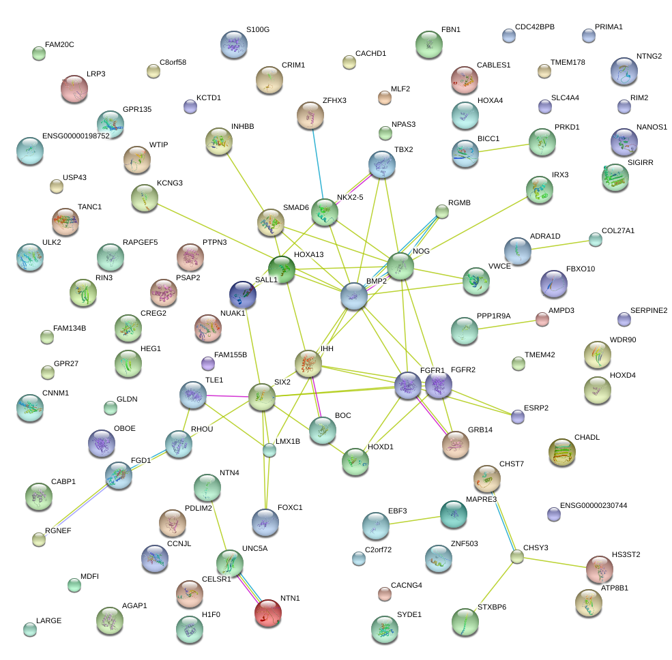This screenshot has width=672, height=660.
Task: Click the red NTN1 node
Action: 267,612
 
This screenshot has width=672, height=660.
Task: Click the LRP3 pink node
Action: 74,88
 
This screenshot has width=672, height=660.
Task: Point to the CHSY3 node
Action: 517,556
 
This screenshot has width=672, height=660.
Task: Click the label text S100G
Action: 257,30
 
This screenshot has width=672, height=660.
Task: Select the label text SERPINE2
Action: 648,310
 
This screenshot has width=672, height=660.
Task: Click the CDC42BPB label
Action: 535,27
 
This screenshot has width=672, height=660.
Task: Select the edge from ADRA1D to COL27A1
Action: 557,245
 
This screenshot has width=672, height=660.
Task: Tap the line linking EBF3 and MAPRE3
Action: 414,520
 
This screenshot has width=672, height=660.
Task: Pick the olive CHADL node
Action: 562,451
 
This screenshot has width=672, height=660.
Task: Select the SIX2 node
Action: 261,397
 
